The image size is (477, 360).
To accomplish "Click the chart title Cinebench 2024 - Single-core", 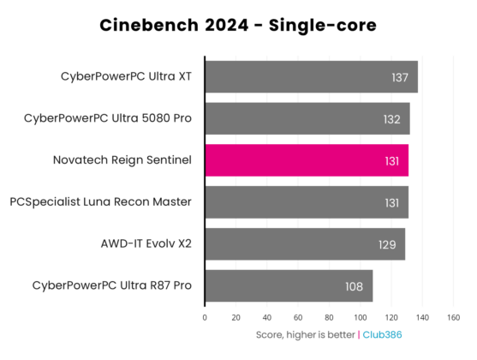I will pyautogui.click(x=238, y=25).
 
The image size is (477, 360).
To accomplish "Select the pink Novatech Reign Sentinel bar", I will pyautogui.click(x=306, y=160).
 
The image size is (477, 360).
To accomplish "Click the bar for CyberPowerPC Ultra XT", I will pyautogui.click(x=311, y=76).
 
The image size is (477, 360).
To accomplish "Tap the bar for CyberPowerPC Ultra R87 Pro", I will pyautogui.click(x=289, y=285).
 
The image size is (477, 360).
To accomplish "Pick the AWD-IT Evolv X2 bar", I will pyautogui.click(x=304, y=244).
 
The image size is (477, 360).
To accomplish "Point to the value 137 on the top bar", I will pyautogui.click(x=400, y=77).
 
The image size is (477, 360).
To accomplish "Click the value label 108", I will pyautogui.click(x=355, y=286).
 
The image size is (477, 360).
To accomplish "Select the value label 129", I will pyautogui.click(x=387, y=245).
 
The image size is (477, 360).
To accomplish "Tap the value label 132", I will pyautogui.click(x=392, y=119).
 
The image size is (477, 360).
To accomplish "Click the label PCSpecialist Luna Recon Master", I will pyautogui.click(x=100, y=201).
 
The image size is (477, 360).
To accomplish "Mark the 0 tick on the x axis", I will pyautogui.click(x=205, y=316).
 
